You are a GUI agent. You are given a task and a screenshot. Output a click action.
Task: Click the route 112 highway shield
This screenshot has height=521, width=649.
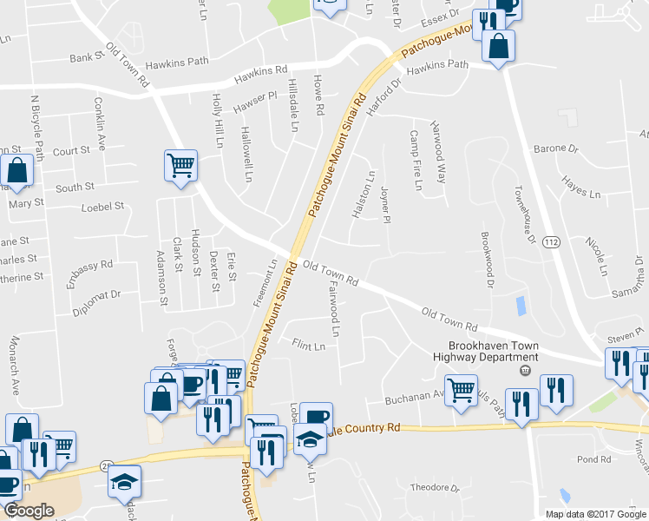[x=551, y=241]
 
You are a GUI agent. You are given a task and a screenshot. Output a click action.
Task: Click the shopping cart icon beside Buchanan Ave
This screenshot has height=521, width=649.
[x=461, y=390]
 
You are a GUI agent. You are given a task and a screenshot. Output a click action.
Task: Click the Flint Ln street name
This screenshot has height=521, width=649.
[x=308, y=346]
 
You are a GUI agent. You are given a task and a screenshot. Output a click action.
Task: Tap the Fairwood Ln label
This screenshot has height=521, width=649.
[x=334, y=313]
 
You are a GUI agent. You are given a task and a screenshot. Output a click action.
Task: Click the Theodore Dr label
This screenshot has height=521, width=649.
[x=434, y=488]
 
